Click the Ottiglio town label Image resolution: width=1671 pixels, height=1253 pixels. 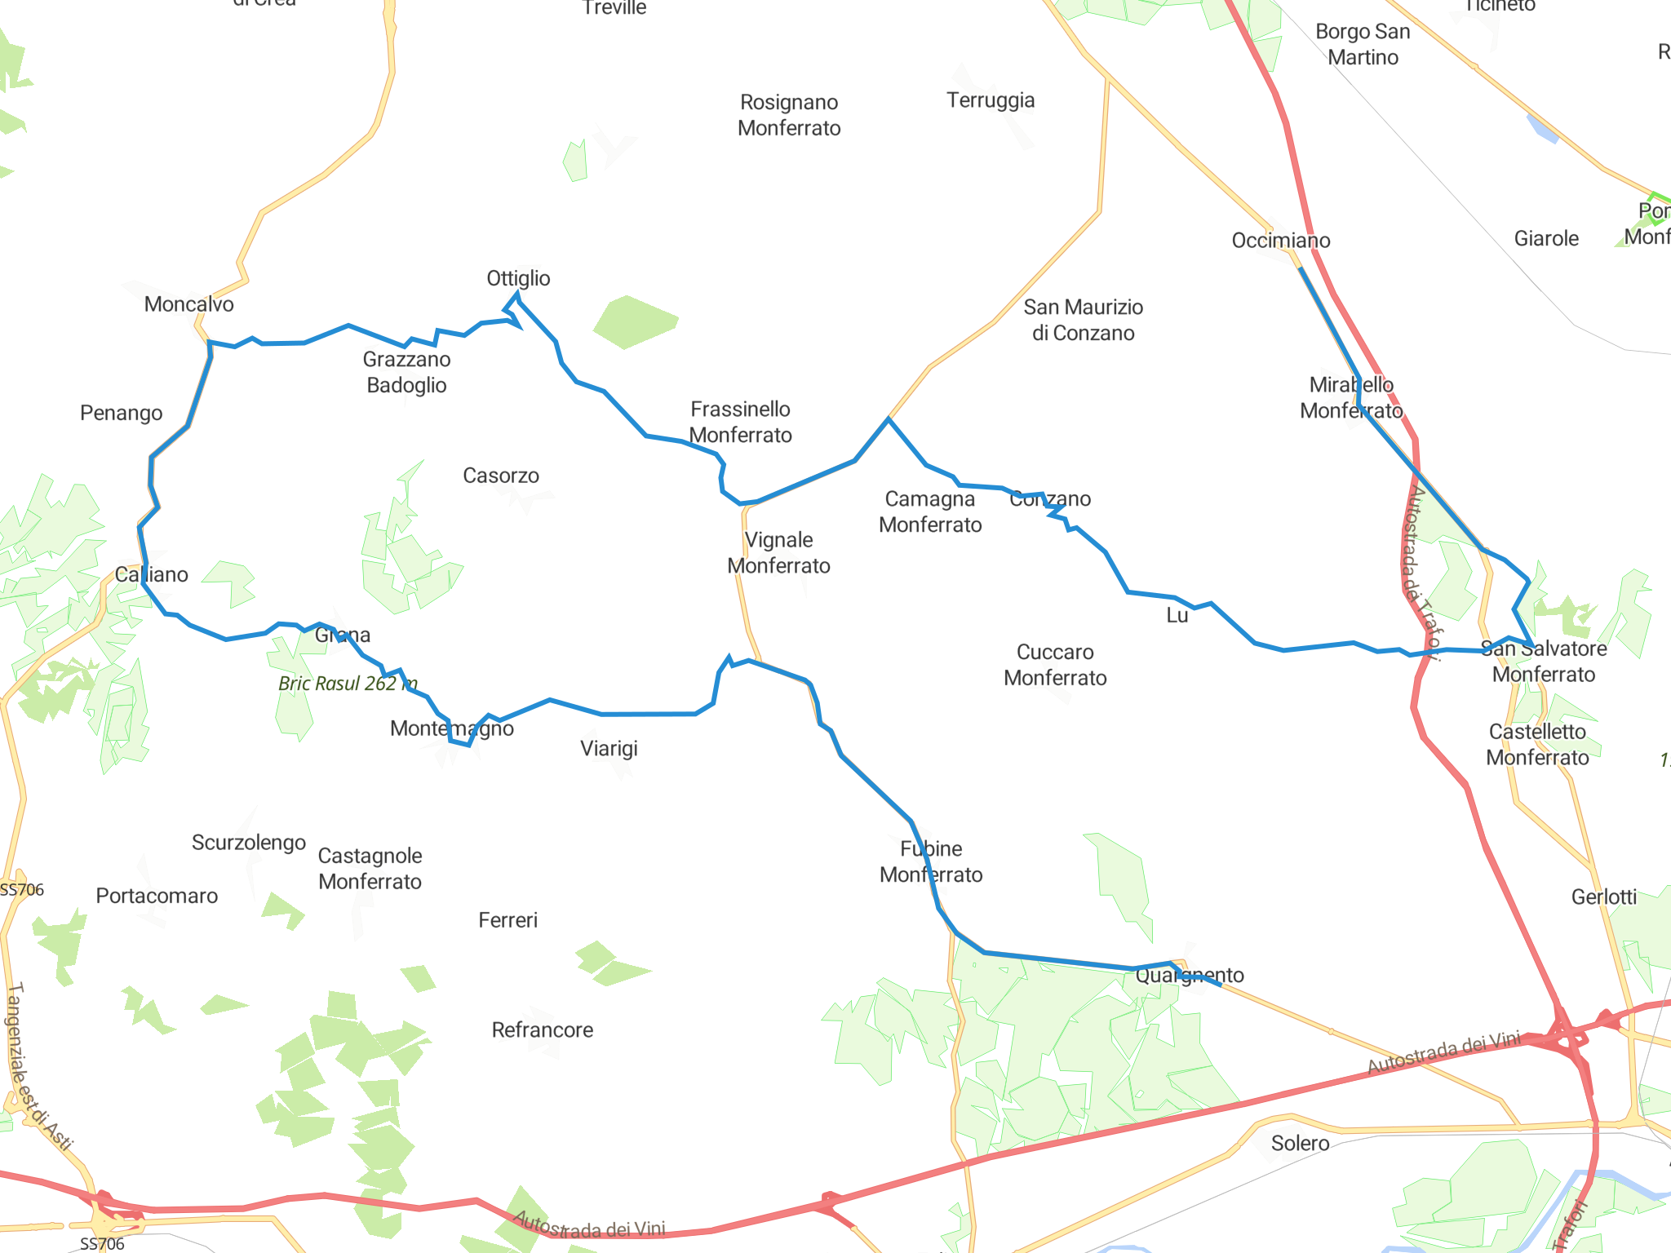pyautogui.click(x=518, y=278)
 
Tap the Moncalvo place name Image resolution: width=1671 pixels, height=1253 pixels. pyautogui.click(x=188, y=304)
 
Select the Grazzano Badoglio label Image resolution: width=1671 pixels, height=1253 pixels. pyautogui.click(x=406, y=372)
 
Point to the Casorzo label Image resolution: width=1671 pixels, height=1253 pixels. pyautogui.click(x=500, y=476)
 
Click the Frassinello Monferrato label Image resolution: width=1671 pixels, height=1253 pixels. pyautogui.click(x=740, y=422)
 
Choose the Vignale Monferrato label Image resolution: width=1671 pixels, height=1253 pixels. pyautogui.click(x=778, y=552)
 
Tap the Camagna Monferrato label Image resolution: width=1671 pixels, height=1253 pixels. pyautogui.click(x=929, y=511)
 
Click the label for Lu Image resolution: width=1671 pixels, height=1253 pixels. pyautogui.click(x=1177, y=615)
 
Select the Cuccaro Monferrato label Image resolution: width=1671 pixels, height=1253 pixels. pyautogui.click(x=1054, y=665)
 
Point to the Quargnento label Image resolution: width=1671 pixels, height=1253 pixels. pyautogui.click(x=1189, y=975)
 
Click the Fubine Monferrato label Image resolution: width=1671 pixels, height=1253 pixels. pyautogui.click(x=930, y=861)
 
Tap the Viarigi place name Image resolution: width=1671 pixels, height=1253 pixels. pyautogui.click(x=609, y=748)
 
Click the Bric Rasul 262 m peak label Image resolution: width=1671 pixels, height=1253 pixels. pyautogui.click(x=348, y=684)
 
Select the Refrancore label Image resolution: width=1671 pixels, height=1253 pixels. pyautogui.click(x=542, y=1029)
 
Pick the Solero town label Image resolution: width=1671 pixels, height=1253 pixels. pyautogui.click(x=1300, y=1143)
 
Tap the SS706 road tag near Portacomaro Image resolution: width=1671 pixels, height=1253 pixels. pyautogui.click(x=22, y=890)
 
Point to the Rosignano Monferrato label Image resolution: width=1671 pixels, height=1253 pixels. pyautogui.click(x=788, y=115)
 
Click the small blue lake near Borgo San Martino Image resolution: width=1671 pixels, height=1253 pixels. pyautogui.click(x=1542, y=128)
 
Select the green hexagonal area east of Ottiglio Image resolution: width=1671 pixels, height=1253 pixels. pyautogui.click(x=635, y=322)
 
